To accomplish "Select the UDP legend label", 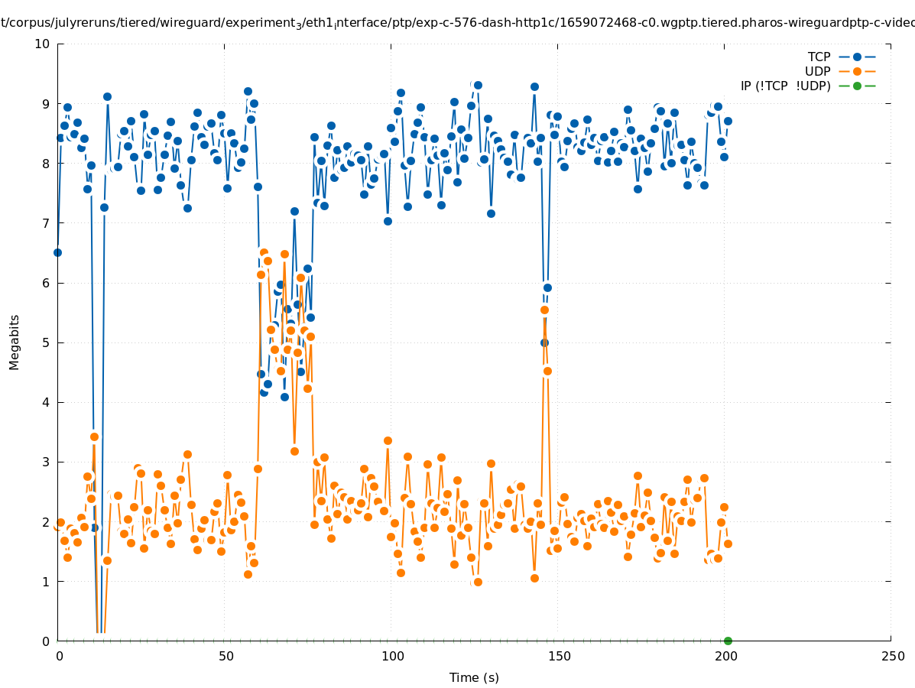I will [817, 71].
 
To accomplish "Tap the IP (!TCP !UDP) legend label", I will [785, 86].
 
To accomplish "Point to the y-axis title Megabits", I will [15, 341].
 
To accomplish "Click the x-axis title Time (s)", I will [474, 677].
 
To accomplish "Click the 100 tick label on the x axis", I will [392, 656].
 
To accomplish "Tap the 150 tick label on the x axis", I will [559, 656].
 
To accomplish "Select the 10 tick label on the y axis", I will [43, 44].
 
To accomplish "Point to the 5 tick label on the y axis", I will [46, 342].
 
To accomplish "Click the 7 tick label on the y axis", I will [46, 223].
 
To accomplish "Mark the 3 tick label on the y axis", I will [46, 462].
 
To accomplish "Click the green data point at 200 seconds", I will [728, 641].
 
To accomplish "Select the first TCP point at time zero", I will [57, 252].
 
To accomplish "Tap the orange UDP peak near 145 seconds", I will [544, 310].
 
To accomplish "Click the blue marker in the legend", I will [857, 57].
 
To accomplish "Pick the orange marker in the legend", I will [857, 71].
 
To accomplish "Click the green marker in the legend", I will [857, 86].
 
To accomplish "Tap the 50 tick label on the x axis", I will [226, 656].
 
